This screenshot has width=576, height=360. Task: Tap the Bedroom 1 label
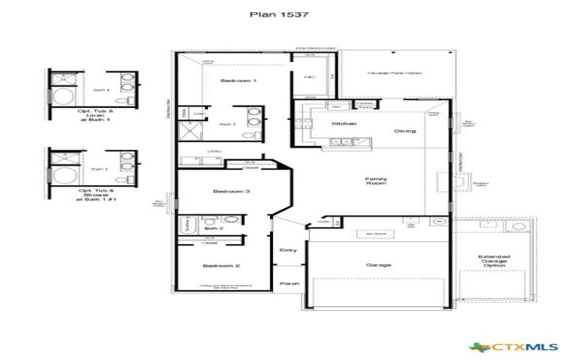tap(238, 81)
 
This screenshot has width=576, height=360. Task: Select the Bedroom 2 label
tap(215, 266)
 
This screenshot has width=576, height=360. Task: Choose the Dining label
tap(405, 131)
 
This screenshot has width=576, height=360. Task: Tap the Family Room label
tap(377, 181)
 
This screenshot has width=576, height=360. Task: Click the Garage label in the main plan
tap(378, 265)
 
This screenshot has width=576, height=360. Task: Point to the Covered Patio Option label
tap(394, 73)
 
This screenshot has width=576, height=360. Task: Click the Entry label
tap(288, 250)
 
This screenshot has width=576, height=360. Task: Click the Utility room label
tap(214, 151)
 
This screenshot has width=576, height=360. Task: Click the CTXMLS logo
tap(512, 344)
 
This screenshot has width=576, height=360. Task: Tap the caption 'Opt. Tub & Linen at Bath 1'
tap(95, 117)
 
